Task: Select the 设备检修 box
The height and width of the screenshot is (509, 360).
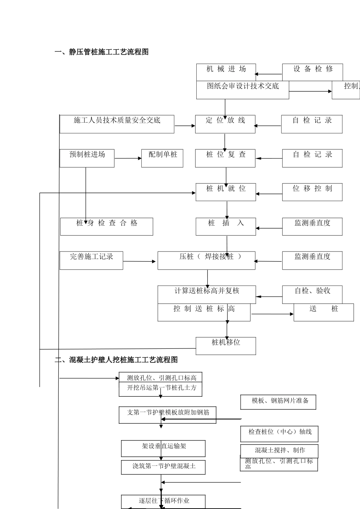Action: (312, 72)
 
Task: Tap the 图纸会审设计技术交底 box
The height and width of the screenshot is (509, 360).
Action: (243, 90)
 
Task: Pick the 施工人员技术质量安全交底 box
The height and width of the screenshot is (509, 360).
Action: (117, 124)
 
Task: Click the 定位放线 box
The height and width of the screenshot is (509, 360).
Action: (225, 124)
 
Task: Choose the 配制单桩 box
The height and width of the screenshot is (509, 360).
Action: (162, 158)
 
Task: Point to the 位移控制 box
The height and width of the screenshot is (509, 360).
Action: (312, 192)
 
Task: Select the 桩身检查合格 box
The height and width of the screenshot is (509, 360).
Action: (106, 226)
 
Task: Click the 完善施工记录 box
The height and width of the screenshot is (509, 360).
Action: (91, 261)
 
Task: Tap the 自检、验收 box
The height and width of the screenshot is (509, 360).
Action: (312, 294)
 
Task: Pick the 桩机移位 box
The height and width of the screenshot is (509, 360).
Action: (225, 346)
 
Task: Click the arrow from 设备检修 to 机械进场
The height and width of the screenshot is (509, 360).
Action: (269, 75)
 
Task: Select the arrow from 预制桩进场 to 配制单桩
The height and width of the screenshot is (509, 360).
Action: (128, 158)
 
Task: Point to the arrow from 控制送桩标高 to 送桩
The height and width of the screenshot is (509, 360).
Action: (272, 314)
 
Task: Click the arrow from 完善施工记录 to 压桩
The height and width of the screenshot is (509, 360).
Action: (140, 261)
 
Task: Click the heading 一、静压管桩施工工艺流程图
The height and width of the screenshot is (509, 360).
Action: (101, 52)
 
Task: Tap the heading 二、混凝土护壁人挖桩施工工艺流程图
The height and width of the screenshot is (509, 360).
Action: (116, 360)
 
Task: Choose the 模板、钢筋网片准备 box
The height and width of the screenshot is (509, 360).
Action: (278, 402)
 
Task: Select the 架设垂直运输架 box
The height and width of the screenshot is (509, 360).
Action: (163, 448)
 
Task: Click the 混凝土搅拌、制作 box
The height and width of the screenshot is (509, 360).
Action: (279, 451)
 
